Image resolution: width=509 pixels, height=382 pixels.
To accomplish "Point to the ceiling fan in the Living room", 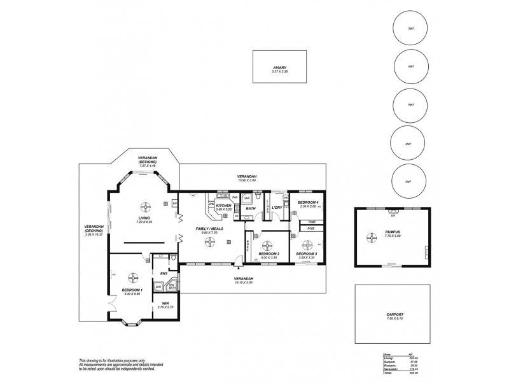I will tap(145, 206).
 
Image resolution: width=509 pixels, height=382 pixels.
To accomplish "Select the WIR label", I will tap(165, 303).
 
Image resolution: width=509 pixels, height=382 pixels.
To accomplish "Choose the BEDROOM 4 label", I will tap(307, 202).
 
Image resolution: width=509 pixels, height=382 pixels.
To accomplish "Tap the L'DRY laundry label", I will tap(277, 208).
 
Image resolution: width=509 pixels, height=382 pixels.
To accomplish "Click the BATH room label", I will tap(251, 208).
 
